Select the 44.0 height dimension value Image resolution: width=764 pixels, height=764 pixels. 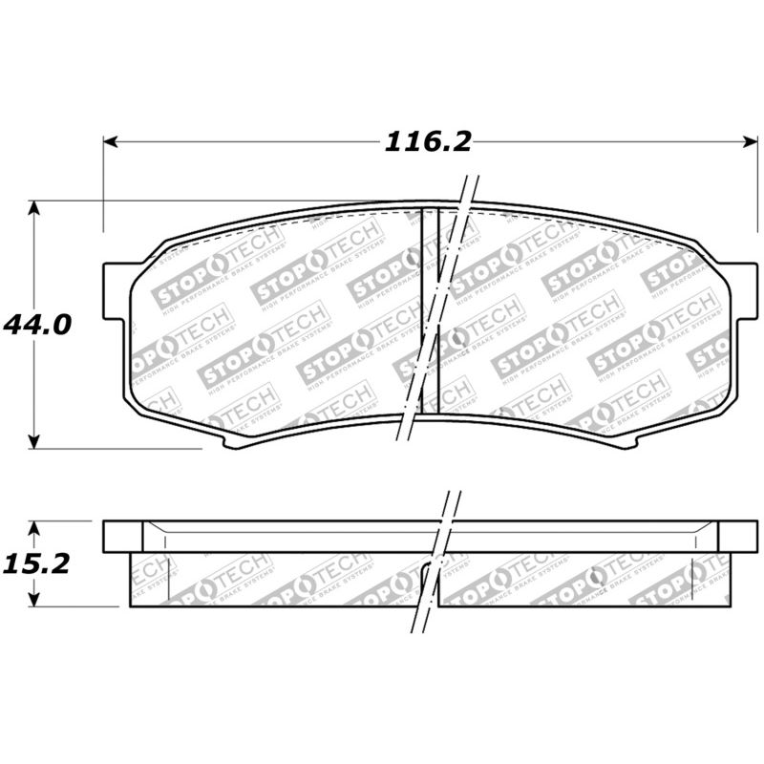(x=37, y=325)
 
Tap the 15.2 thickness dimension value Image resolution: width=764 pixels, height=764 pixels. (x=37, y=563)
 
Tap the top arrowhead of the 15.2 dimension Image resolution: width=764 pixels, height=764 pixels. (x=35, y=527)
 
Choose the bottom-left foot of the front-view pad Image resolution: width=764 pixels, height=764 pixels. (x=229, y=441)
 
